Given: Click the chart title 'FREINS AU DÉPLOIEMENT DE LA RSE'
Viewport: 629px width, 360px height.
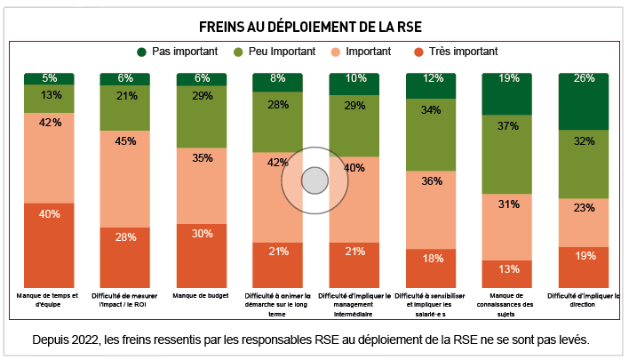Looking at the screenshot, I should point(314,24).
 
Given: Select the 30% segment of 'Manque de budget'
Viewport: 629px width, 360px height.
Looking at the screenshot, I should point(202,255).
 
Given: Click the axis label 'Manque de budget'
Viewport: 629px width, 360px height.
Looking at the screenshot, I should point(202,295).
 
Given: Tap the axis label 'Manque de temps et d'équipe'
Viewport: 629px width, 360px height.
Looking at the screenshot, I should point(49,300).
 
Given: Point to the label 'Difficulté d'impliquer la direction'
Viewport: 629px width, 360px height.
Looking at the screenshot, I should point(584,300).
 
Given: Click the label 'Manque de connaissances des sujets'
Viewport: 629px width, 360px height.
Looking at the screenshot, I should point(507,304).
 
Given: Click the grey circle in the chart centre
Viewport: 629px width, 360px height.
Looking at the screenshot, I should point(314,180).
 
